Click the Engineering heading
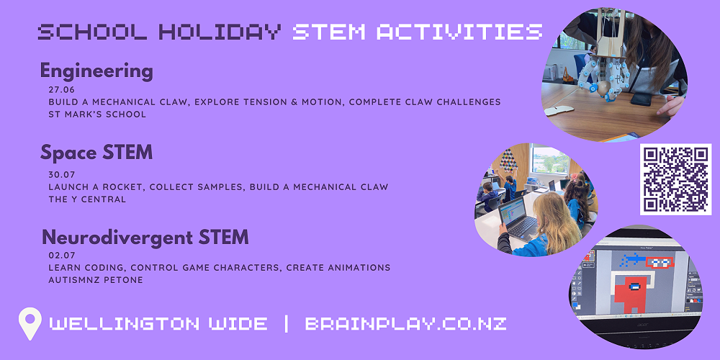(96, 72)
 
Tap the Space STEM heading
(96, 153)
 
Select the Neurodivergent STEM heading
(145, 238)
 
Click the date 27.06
(61, 89)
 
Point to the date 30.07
(61, 174)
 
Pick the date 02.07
(61, 256)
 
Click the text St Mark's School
(97, 114)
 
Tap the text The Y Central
(87, 199)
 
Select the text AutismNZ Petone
(96, 279)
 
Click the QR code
(675, 179)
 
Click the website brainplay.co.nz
(405, 324)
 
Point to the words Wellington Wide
(158, 324)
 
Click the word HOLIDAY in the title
(220, 32)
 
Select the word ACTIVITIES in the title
(459, 32)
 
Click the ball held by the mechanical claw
(603, 88)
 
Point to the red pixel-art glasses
(659, 262)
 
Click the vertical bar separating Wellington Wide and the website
(287, 324)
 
